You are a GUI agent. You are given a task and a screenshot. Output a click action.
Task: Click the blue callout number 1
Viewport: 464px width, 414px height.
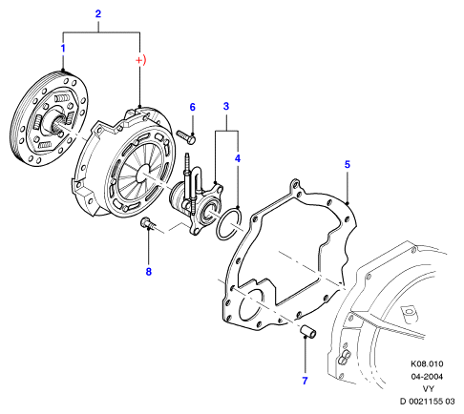coord(63,49)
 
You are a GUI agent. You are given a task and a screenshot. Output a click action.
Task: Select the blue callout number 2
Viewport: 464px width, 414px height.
coord(98,14)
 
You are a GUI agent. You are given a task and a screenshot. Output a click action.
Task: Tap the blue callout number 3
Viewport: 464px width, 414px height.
coord(226,106)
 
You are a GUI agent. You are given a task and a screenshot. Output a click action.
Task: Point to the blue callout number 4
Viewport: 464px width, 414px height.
coord(238,158)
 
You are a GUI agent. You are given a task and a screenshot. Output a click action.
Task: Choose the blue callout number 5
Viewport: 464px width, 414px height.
coord(348,164)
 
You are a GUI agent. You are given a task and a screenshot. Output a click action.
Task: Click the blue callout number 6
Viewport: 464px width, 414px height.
coord(192,107)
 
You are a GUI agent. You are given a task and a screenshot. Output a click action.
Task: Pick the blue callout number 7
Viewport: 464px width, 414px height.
coord(305,381)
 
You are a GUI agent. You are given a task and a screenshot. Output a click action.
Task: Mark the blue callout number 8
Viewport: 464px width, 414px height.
coord(149,272)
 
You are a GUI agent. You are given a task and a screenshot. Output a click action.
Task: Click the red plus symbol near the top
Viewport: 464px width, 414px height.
coord(139,60)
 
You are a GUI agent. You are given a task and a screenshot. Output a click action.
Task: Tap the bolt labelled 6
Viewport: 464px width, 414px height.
coord(186,137)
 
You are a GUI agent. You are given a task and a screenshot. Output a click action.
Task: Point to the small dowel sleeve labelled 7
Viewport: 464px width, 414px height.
coord(308,332)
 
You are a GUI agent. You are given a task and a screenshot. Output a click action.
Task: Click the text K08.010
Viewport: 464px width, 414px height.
coord(427,363)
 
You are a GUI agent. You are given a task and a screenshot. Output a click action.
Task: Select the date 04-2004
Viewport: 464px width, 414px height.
coord(427,377)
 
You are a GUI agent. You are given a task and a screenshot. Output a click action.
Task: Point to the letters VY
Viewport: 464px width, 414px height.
coord(429,388)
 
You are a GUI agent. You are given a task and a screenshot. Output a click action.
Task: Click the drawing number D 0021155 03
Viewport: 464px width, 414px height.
coord(427,402)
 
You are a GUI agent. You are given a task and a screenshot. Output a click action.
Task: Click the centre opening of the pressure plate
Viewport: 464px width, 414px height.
coord(143,174)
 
